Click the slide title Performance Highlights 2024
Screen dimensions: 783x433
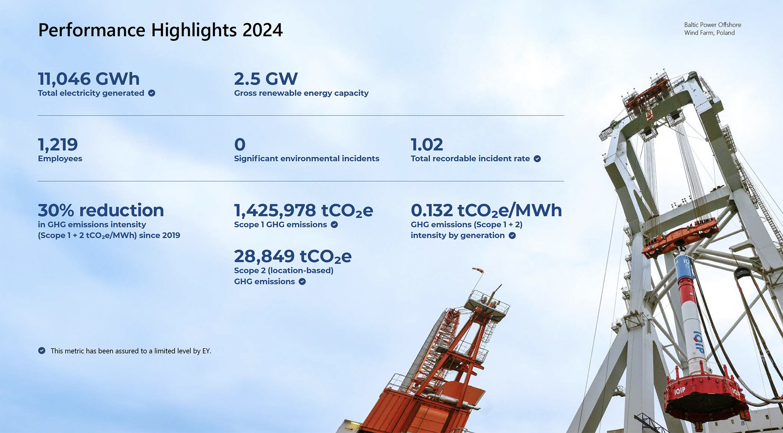point(161,30)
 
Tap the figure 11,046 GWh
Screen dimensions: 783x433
point(89,79)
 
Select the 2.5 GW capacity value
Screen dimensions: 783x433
point(266,79)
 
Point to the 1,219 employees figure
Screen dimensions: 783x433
point(58,145)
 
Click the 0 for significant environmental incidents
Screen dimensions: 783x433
point(240,145)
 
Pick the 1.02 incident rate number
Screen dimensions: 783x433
point(427,145)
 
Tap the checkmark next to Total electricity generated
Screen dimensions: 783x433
point(152,93)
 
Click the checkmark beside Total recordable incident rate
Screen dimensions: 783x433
point(538,159)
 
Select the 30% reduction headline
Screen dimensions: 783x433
point(101,210)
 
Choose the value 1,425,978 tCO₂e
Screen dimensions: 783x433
point(303,210)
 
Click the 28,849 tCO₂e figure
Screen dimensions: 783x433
point(293,257)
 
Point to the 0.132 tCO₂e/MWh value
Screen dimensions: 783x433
point(486,210)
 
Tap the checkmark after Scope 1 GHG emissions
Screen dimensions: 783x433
point(334,225)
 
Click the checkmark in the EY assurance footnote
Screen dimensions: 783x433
point(42,351)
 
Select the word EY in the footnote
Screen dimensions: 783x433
point(206,351)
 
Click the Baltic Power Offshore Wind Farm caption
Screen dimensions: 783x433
point(713,29)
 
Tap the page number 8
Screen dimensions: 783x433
point(743,423)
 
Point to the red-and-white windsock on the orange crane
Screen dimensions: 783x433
point(478,270)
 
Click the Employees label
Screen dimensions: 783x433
point(60,159)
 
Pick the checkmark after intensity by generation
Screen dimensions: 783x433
point(512,236)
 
